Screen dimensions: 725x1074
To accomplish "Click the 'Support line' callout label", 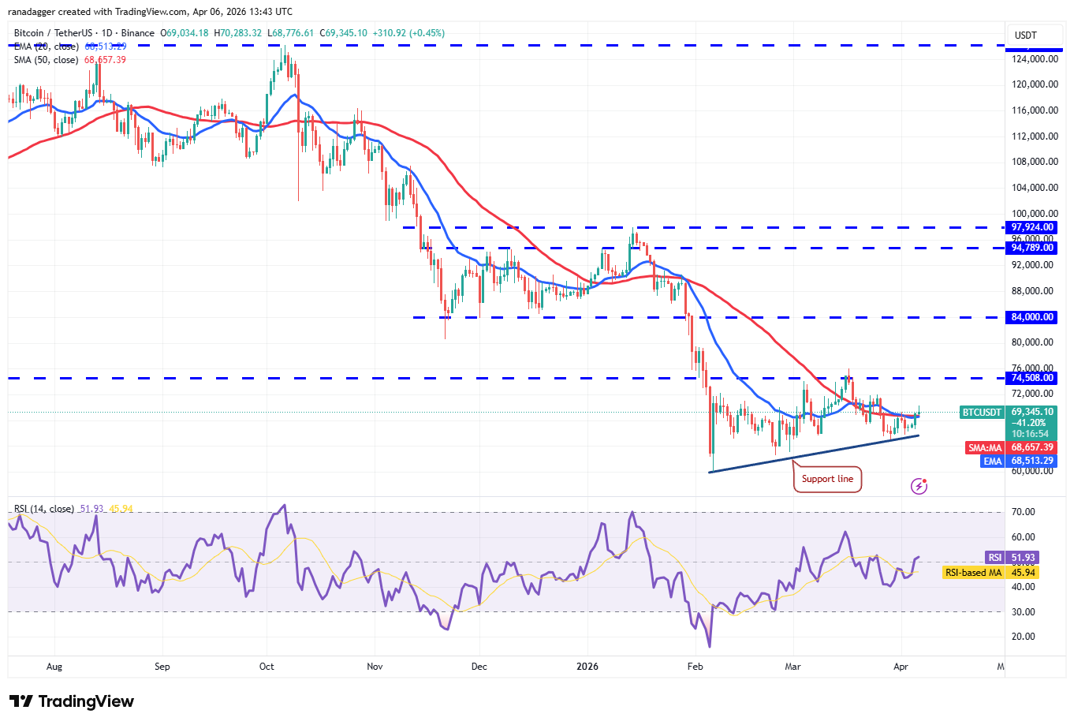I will coord(827,479).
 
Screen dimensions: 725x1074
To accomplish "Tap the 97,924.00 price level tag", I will coord(1032,227).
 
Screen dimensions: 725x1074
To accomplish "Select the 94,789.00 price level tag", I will coord(1032,248).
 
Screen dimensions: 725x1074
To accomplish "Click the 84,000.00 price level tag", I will coord(1032,317).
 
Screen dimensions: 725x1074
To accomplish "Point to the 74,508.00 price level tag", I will coord(1032,378).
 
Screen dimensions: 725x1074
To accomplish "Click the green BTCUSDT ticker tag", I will coord(982,413).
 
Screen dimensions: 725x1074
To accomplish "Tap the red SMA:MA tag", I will coord(985,448).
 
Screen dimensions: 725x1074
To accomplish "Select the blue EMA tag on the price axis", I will coord(992,462).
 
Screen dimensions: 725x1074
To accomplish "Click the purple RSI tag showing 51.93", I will coord(995,558).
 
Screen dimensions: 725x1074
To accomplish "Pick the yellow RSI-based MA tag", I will coord(973,573).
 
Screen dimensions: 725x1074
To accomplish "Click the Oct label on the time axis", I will coord(267,667).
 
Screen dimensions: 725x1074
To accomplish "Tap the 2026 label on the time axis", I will coord(587,667).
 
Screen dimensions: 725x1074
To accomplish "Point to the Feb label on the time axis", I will coord(695,667).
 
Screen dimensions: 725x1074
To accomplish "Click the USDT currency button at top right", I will coord(1026,36).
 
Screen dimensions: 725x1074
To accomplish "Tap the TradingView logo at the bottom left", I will coord(72,701).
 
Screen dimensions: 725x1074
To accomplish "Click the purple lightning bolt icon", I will coord(919,486).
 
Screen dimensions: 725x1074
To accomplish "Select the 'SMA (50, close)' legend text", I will coord(46,60).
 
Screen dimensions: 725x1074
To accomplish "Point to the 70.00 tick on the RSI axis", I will coord(1024,512).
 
